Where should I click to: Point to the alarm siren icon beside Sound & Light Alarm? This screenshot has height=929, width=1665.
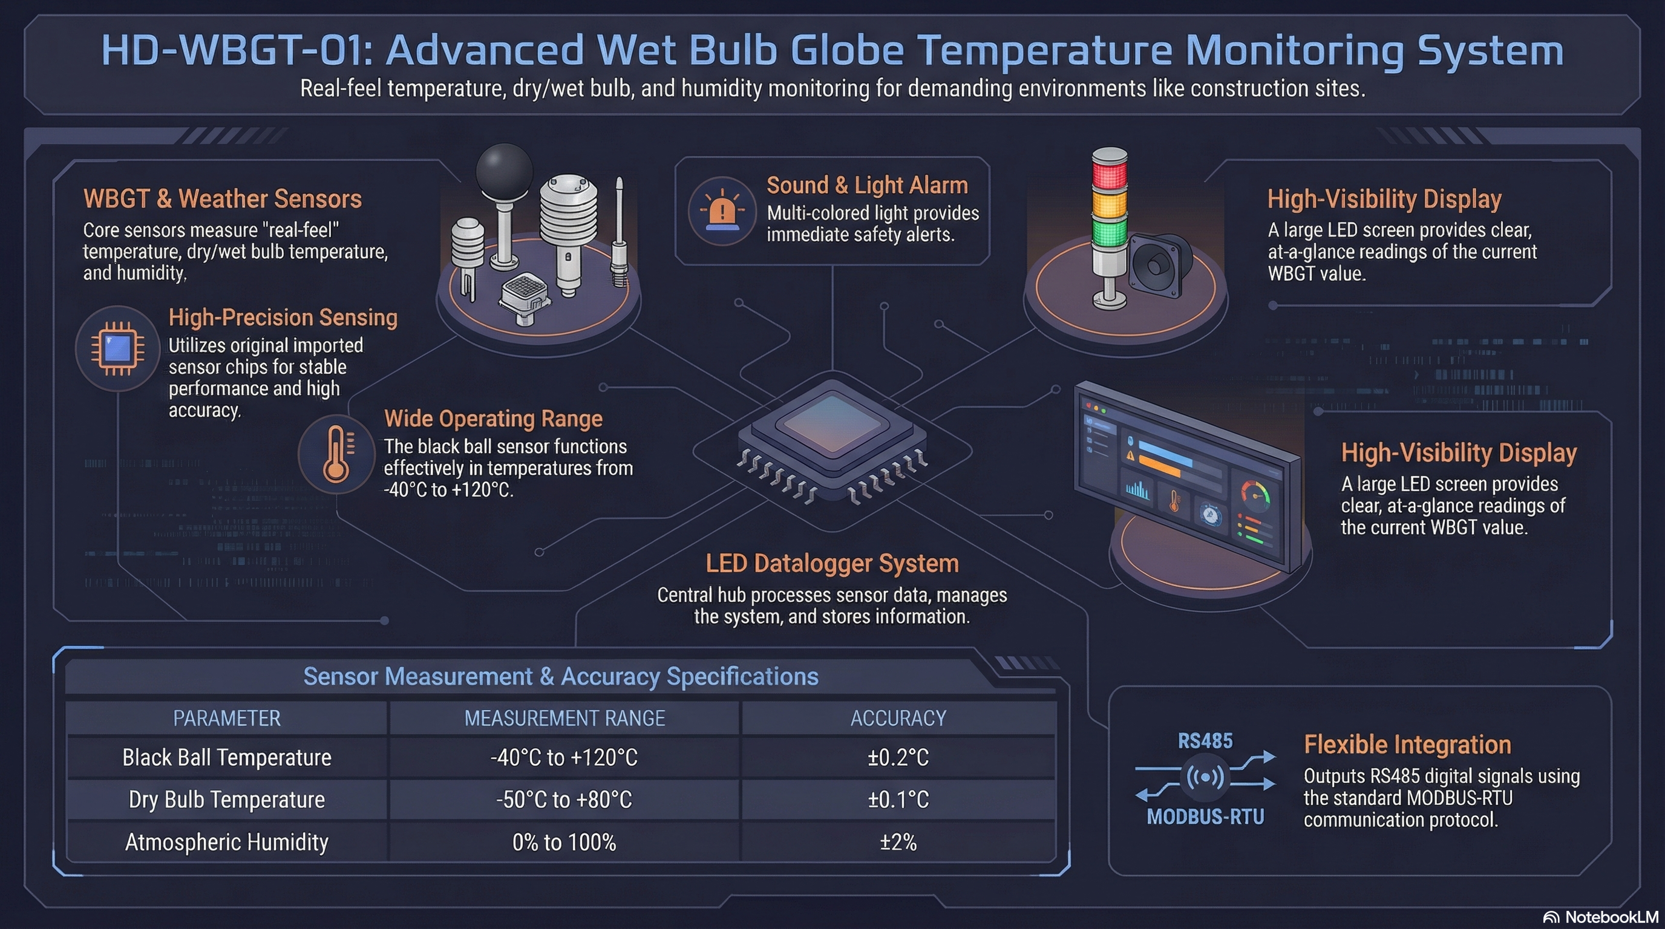722,210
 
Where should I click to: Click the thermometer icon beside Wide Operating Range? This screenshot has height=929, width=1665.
336,454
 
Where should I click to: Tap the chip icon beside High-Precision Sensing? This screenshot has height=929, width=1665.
117,348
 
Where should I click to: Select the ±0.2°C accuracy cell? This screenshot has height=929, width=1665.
898,757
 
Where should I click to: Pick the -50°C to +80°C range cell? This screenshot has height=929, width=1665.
564,800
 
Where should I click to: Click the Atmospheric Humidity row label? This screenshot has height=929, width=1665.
227,843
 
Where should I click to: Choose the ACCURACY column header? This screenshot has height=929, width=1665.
898,719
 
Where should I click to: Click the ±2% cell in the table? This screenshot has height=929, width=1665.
898,843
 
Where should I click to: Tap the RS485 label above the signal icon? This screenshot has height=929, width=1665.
1205,741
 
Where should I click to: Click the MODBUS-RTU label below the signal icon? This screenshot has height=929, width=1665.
1205,817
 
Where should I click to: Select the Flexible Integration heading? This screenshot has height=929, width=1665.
1407,745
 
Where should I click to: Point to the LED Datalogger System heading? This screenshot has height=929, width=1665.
832,563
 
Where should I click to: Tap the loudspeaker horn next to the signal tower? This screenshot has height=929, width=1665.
1157,265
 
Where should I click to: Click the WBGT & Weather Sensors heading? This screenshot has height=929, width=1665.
223,199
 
